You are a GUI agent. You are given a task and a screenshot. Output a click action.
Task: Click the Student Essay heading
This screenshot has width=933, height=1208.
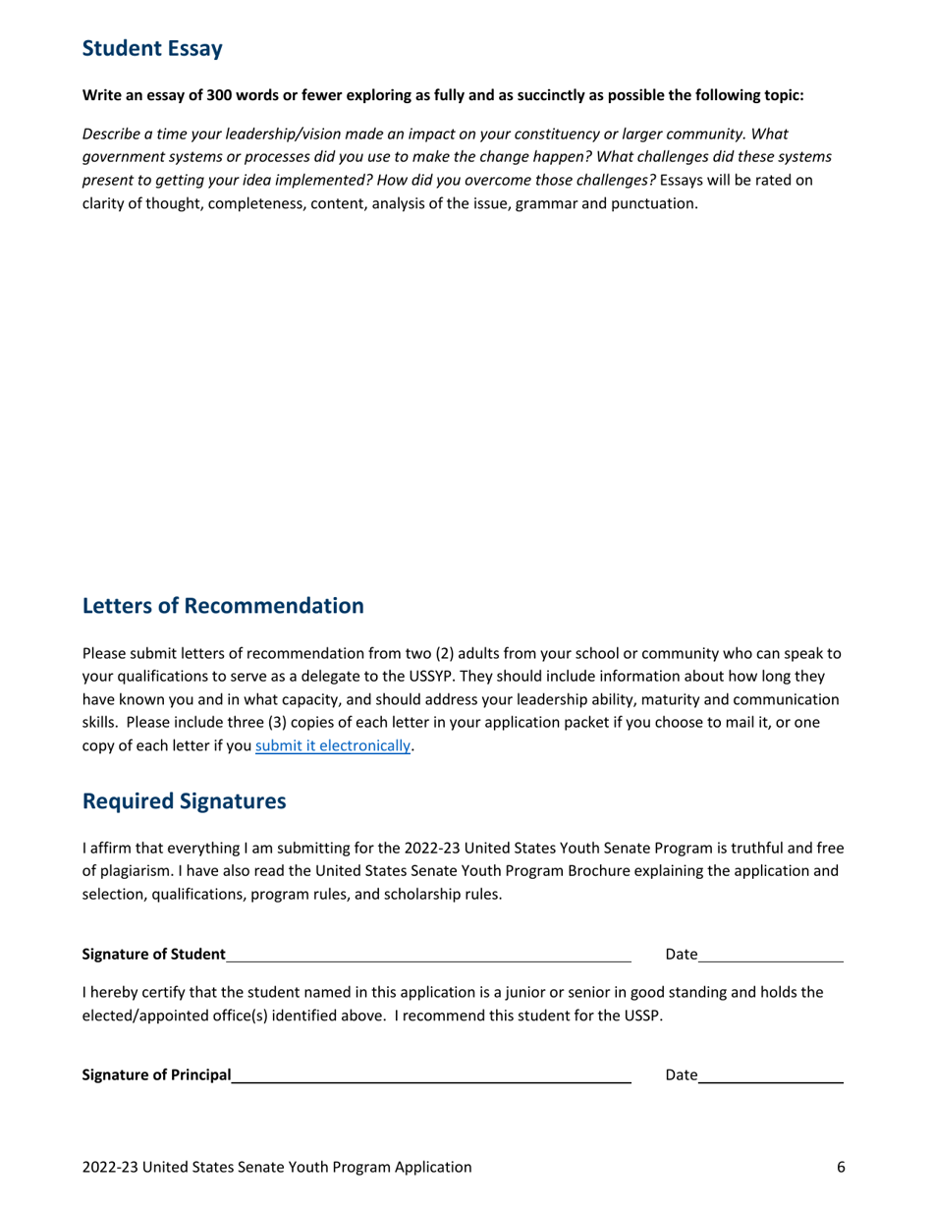point(152,48)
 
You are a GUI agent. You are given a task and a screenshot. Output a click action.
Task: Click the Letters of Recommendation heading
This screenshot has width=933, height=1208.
point(223,606)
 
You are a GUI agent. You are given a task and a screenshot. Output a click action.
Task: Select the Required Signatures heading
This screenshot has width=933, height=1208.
point(184,801)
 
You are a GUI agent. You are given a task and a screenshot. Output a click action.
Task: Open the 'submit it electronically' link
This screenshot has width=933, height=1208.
point(332,745)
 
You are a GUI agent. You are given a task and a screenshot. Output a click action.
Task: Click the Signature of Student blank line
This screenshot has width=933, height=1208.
point(427,955)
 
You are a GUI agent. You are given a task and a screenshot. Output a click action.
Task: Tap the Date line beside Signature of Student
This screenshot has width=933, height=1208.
point(771,955)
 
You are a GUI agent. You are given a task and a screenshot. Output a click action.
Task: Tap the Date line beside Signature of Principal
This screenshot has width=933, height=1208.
point(771,1075)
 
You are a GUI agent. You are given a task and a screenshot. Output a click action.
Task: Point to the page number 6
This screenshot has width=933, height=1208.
point(841,1167)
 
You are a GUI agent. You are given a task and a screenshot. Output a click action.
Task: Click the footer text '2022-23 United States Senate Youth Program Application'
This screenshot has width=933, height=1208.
point(277,1167)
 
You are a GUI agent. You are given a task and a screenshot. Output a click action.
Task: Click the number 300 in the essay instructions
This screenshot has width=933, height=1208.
point(219,96)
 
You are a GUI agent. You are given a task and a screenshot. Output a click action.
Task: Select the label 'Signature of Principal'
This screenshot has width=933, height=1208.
point(156,1075)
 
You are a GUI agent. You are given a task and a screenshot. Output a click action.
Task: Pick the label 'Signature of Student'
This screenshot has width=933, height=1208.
point(153,955)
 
